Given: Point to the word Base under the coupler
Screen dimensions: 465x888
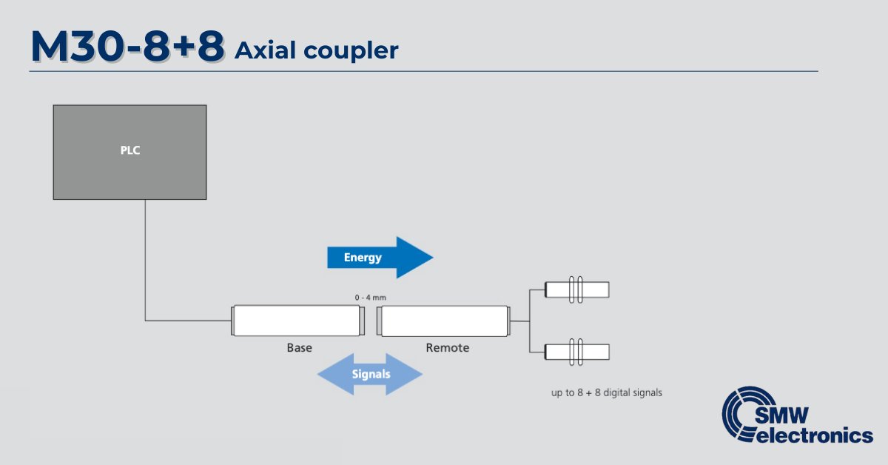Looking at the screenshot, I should [x=299, y=347].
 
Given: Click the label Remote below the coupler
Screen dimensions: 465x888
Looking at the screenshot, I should [x=447, y=347].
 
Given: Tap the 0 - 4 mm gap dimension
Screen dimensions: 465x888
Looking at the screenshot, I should [x=371, y=297].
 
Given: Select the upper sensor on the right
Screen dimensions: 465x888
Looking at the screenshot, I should [x=577, y=290].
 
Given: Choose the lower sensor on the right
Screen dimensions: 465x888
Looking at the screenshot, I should [x=577, y=351].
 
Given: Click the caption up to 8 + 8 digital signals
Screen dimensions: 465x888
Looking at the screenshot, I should [x=606, y=393].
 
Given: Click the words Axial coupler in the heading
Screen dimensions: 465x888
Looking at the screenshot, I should [x=316, y=50].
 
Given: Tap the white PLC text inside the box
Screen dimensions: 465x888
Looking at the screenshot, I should [x=130, y=150].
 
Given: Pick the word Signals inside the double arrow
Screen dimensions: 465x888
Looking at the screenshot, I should [x=371, y=374].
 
